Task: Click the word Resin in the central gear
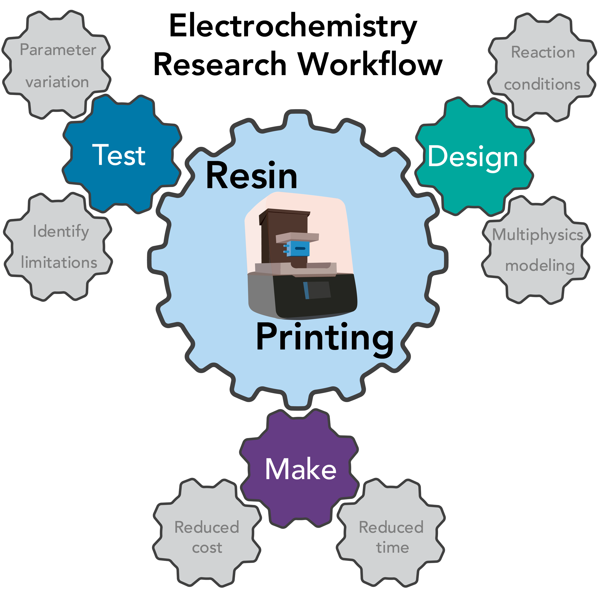(251, 176)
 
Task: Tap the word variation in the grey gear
(57, 82)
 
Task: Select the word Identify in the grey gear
(61, 232)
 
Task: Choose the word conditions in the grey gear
(542, 84)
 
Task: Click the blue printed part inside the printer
(298, 249)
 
